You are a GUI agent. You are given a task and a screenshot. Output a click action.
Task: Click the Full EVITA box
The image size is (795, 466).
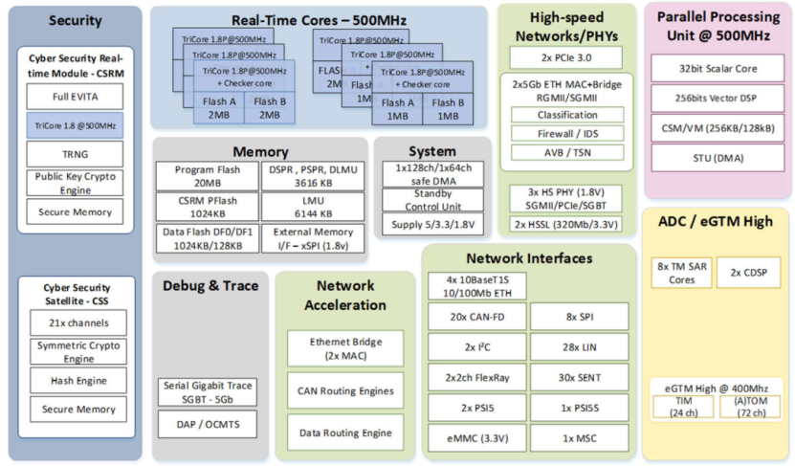point(75,97)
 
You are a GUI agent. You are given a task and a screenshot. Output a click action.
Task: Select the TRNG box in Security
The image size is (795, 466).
point(75,153)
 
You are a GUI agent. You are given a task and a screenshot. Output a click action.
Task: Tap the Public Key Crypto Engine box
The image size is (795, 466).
point(75,183)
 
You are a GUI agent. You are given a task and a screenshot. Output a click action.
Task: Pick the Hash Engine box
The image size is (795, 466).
point(76,380)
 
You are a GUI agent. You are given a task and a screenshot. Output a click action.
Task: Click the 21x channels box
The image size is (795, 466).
point(76,322)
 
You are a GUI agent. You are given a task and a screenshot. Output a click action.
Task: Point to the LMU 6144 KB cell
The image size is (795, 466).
point(312,206)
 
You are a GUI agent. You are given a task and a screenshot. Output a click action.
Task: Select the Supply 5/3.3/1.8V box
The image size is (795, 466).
point(433,225)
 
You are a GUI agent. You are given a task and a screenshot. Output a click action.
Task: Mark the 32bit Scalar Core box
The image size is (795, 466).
point(712,69)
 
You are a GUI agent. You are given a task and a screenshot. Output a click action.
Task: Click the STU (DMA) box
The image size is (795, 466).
point(712,158)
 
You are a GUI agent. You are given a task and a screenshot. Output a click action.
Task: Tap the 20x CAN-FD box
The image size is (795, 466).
point(477,317)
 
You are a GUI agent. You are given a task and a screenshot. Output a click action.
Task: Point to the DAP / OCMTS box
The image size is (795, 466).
point(208,424)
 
